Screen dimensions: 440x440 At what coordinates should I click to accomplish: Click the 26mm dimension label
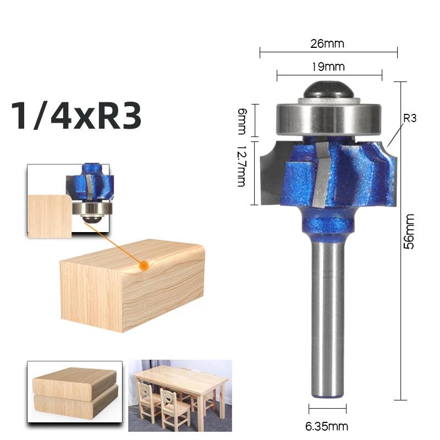click(328, 43)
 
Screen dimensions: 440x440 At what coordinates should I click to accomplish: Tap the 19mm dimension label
click(329, 67)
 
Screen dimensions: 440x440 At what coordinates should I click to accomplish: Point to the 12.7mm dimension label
click(241, 166)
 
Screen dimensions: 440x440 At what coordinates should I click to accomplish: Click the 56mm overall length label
click(409, 232)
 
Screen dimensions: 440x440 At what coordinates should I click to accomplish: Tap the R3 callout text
click(410, 118)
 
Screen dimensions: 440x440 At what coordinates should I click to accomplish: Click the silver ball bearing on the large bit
click(329, 117)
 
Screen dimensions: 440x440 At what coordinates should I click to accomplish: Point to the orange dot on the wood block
click(144, 265)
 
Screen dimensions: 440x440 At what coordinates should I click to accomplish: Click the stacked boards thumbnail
click(75, 390)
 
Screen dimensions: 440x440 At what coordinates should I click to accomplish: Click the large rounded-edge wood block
click(132, 289)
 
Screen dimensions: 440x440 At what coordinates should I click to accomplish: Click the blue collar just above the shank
click(328, 224)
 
